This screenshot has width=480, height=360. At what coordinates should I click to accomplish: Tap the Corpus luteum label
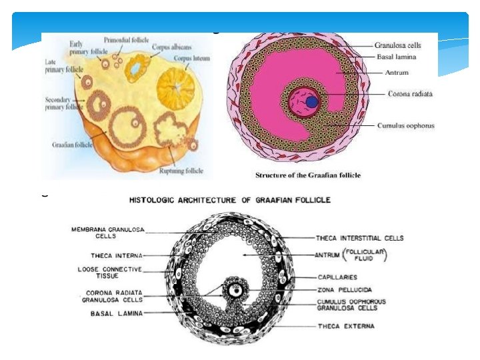192,58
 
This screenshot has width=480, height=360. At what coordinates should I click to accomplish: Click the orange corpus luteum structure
177,90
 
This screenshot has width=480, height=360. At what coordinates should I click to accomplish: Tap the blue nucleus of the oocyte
312,101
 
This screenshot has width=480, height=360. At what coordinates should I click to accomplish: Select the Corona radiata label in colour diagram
410,94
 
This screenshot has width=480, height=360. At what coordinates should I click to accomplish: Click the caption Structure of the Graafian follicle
308,175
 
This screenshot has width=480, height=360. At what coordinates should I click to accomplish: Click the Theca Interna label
115,255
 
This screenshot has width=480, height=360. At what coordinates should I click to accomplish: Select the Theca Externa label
346,326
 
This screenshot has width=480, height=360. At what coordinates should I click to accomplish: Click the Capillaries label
339,277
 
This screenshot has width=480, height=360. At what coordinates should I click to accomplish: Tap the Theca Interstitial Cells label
359,238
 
